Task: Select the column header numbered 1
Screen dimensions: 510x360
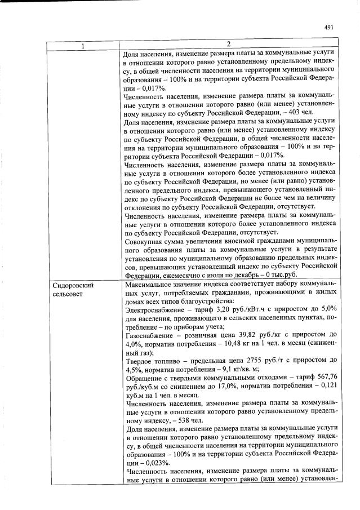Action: [83, 45]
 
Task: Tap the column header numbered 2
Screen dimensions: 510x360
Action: [229, 45]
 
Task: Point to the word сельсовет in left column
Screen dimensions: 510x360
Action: [67, 295]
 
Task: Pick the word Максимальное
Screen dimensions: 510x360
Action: [152, 285]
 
